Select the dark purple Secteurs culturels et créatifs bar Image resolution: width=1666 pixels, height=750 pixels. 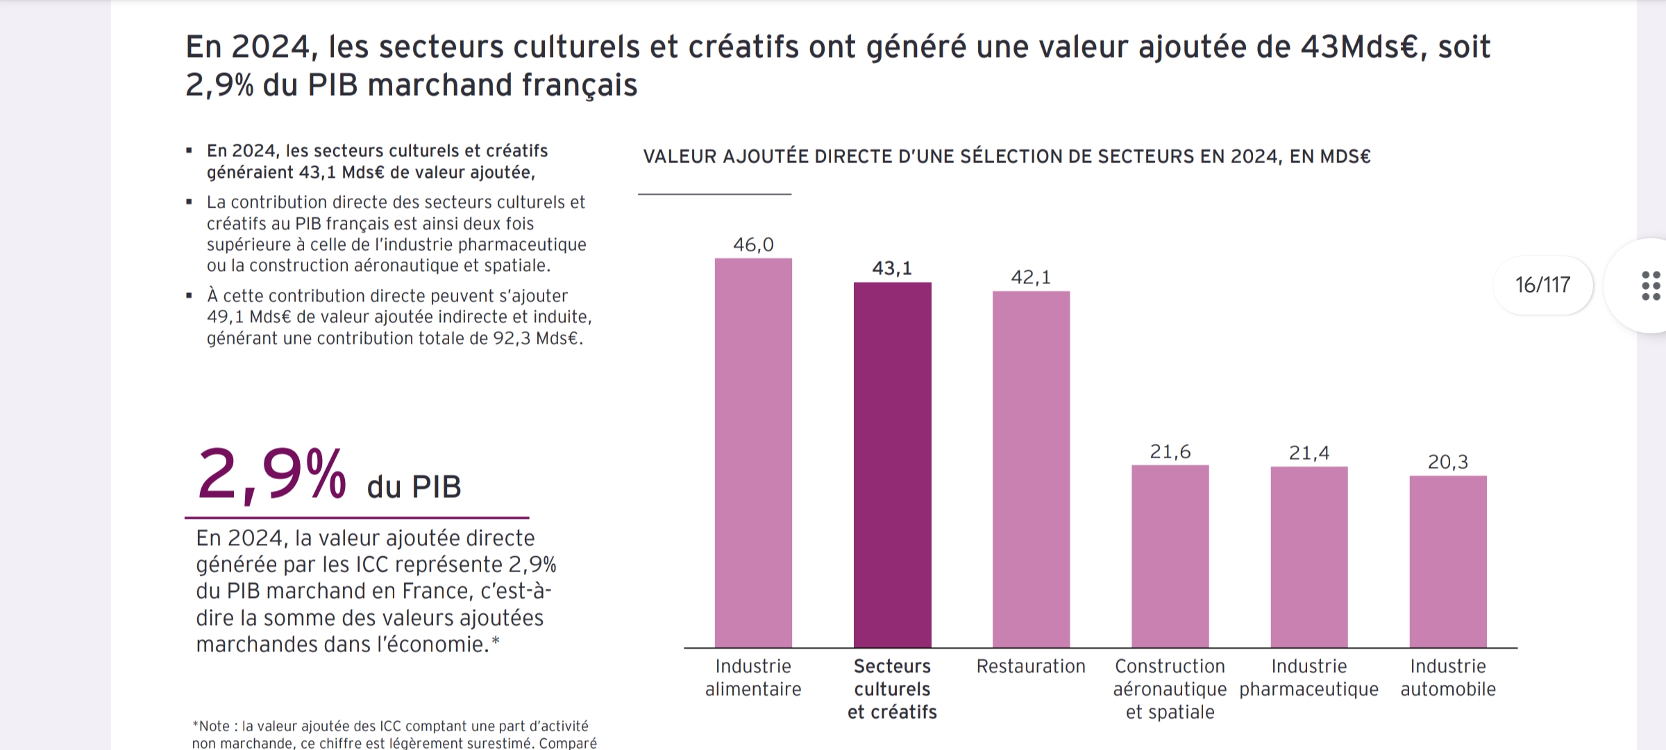892,465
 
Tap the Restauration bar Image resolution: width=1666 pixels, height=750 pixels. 1031,469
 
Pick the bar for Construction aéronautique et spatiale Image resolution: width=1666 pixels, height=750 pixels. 1170,556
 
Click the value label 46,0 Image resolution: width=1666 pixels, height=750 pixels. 753,244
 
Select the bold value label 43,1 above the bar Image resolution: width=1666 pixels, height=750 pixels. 892,268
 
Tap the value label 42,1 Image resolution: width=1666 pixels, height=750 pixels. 1031,277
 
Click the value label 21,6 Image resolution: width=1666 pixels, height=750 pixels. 1170,452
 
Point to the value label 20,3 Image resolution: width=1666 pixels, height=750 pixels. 1448,462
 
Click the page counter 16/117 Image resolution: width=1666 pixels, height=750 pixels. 1542,285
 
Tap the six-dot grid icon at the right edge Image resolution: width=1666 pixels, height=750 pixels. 1651,286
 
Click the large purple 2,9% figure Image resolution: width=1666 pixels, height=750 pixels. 271,476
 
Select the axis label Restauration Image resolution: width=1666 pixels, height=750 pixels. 1031,666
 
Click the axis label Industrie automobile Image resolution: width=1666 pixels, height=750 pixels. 1448,678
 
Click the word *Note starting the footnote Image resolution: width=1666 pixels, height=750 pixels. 211,726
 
